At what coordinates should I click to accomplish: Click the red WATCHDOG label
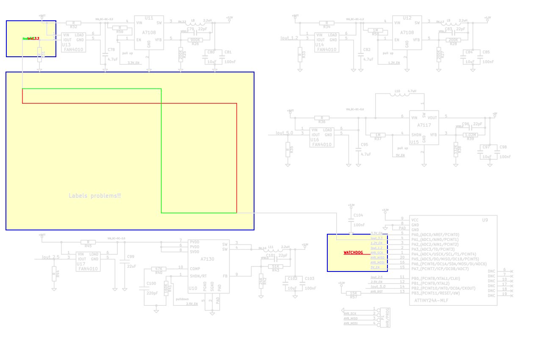click(x=353, y=253)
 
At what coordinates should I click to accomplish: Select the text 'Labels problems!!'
click(x=95, y=196)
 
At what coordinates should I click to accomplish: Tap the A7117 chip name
click(x=424, y=125)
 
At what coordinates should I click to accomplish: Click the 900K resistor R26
click(x=195, y=39)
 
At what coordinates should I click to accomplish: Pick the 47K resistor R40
click(x=159, y=269)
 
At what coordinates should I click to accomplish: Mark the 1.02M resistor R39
click(x=471, y=135)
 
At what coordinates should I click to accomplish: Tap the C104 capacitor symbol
click(x=351, y=220)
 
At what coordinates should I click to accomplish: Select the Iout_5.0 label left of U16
click(x=284, y=133)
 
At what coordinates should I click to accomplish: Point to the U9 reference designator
click(x=485, y=220)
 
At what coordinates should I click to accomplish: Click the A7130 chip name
click(x=207, y=259)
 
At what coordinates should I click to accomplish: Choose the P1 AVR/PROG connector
click(x=385, y=318)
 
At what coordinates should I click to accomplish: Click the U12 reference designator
click(x=407, y=18)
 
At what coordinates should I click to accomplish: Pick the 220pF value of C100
click(x=151, y=294)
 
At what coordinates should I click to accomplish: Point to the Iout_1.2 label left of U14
click(x=289, y=38)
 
